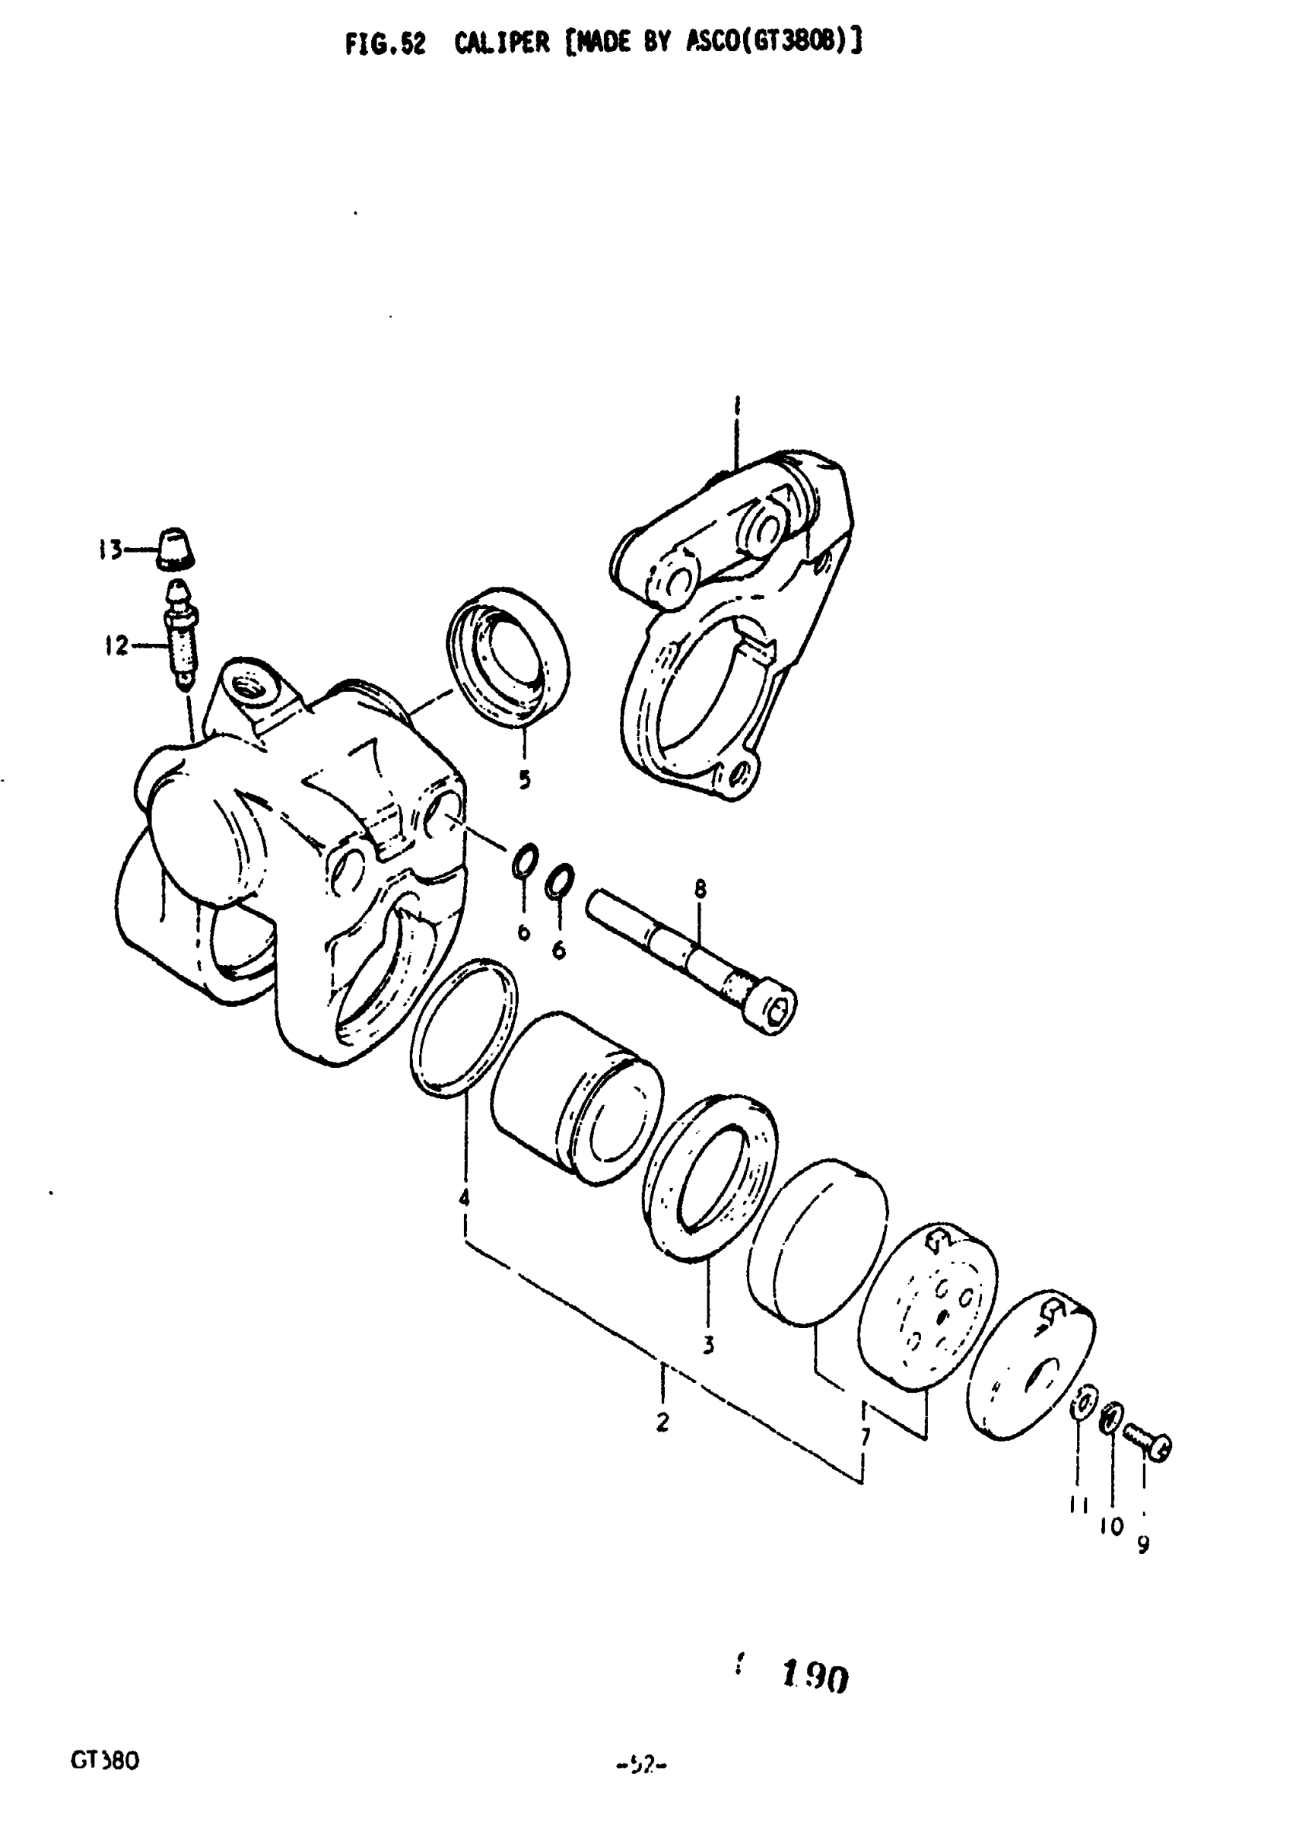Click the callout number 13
click(110, 550)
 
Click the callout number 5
click(524, 778)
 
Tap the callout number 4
click(463, 1198)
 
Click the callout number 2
click(662, 1422)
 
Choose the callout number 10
click(1111, 1526)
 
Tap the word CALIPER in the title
click(502, 43)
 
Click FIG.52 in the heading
click(385, 44)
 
